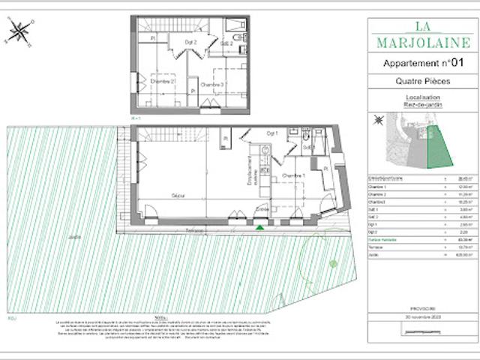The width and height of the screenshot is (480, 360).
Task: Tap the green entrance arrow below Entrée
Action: click(x=259, y=226)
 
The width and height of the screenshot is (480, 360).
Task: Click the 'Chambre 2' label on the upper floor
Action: click(x=160, y=81)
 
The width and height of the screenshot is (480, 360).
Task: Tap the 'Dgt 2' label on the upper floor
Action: click(x=190, y=42)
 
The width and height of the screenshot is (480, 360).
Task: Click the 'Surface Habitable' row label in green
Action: click(x=385, y=240)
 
